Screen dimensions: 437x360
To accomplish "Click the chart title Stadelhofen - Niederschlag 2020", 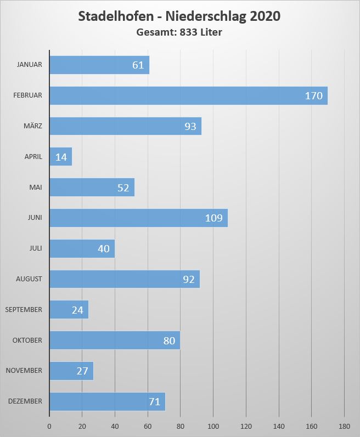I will click(x=179, y=16).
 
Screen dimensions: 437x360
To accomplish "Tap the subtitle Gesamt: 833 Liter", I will click(x=179, y=32).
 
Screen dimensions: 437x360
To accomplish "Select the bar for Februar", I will click(x=188, y=95).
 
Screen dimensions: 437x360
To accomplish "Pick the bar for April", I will click(x=60, y=157).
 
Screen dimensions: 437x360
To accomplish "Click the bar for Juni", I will click(x=138, y=218).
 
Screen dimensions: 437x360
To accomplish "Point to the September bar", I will click(x=69, y=310).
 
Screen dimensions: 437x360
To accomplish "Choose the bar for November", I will click(x=71, y=371).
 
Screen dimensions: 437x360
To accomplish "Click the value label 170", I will click(x=313, y=96).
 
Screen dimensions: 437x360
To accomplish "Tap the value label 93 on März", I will click(x=190, y=127).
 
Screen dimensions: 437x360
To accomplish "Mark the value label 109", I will click(x=213, y=218).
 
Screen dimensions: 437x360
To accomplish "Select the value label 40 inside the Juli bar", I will click(x=104, y=249).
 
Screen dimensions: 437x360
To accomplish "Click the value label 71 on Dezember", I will click(x=154, y=402).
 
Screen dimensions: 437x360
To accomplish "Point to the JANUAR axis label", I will click(x=30, y=65).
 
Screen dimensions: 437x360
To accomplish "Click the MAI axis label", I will click(x=36, y=187).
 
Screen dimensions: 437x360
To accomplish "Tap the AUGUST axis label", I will click(x=29, y=279).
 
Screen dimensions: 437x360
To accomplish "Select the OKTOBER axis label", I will click(x=27, y=340).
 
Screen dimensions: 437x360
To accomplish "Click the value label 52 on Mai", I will click(x=123, y=188).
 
